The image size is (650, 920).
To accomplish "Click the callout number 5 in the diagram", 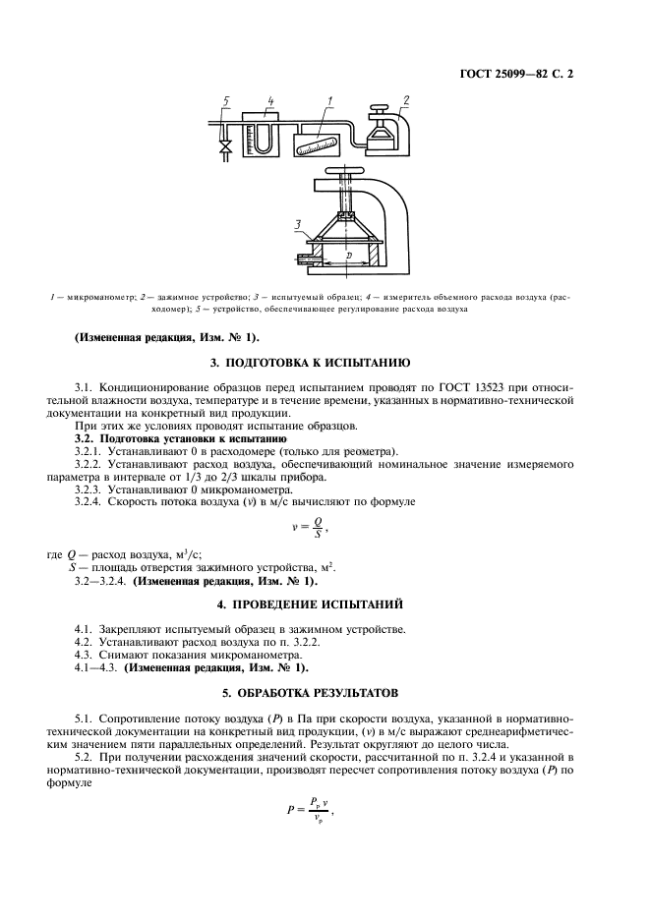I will click(x=225, y=100).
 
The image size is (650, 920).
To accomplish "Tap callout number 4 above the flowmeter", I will click(x=268, y=100).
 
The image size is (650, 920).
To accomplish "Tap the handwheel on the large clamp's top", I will click(x=343, y=179).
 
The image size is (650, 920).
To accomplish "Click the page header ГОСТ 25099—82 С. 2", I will click(x=517, y=71).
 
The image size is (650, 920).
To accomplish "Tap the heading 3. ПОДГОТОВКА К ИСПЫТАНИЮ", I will click(x=325, y=363).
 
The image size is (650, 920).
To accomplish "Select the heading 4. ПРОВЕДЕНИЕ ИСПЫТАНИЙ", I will click(x=325, y=604).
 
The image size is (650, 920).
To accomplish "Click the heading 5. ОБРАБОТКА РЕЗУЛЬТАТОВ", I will click(x=325, y=691).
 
